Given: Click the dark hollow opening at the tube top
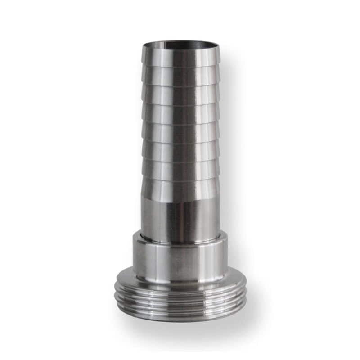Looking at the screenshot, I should (x=180, y=45).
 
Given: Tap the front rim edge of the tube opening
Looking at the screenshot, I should (x=180, y=49).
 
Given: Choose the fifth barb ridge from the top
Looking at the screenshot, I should (x=180, y=133).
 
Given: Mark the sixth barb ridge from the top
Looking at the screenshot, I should (x=180, y=152).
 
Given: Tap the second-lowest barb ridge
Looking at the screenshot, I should (x=180, y=171).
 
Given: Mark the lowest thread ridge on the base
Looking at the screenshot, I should (x=180, y=308).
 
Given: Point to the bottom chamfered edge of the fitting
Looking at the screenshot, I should (x=180, y=317).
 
